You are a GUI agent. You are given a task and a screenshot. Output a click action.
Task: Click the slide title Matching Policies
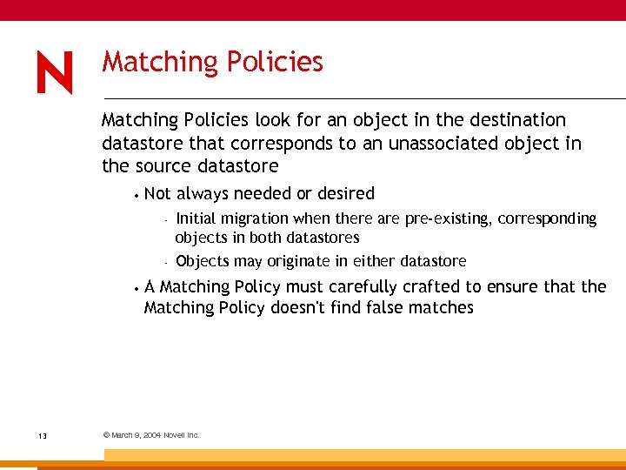212,62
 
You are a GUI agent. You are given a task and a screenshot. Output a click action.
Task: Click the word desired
346,193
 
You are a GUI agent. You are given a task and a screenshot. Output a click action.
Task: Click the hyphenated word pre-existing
448,218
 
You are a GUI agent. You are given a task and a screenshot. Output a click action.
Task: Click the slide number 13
43,435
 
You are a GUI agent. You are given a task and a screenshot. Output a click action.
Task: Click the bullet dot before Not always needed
137,194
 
